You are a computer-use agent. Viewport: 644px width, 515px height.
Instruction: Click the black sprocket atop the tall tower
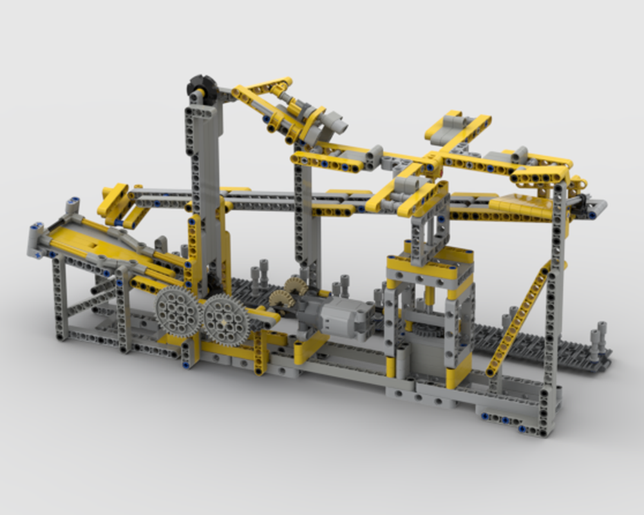(200, 86)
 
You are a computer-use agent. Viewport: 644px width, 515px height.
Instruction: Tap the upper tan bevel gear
(296, 284)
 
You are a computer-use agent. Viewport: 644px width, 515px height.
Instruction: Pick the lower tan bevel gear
(281, 298)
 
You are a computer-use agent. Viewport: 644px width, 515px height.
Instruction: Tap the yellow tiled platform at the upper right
(522, 206)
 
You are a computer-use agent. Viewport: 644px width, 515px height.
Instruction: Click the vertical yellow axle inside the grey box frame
(430, 296)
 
